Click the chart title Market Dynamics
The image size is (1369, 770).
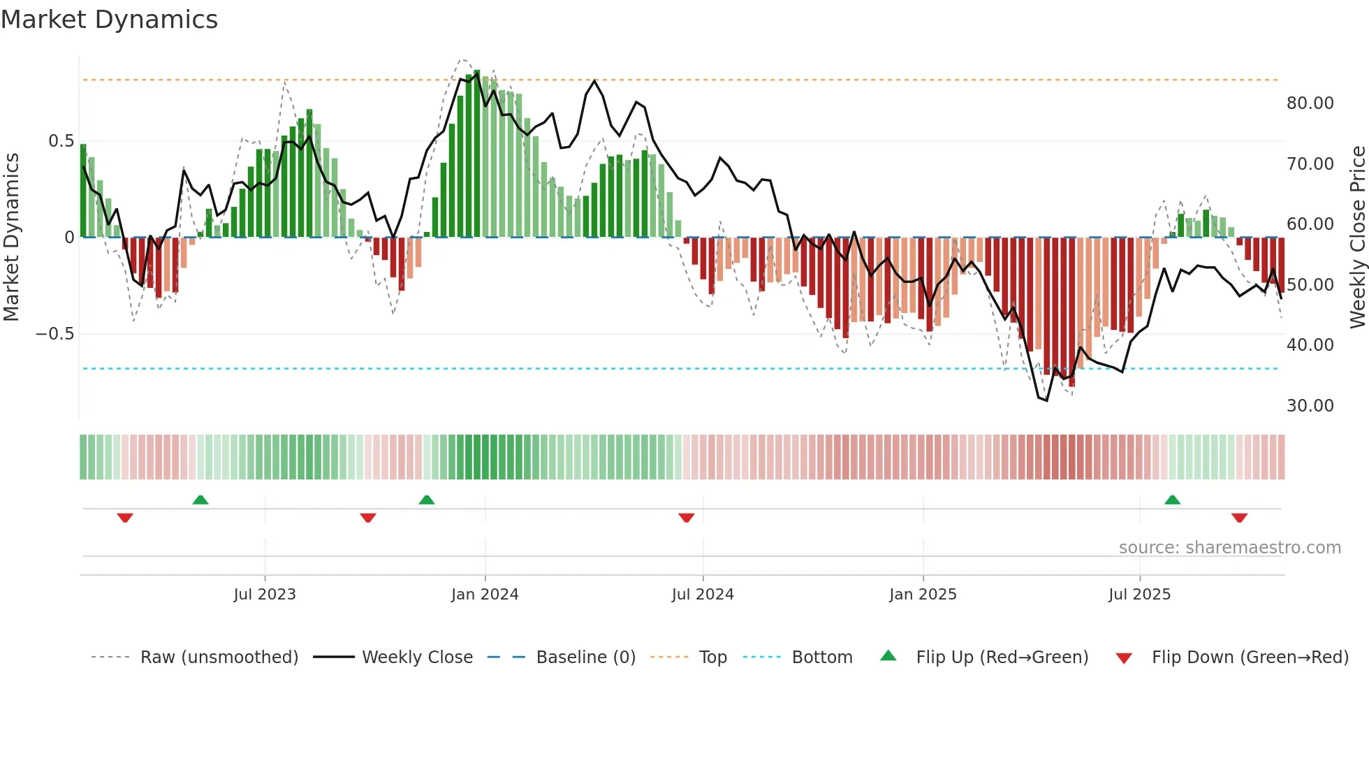[109, 20]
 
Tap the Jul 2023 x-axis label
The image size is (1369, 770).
[265, 595]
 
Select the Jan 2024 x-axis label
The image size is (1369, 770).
[485, 595]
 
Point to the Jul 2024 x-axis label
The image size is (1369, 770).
[703, 595]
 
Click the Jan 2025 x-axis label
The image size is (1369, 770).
[923, 595]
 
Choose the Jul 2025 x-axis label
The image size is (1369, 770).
[1139, 595]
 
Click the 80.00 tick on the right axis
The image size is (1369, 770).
[1310, 103]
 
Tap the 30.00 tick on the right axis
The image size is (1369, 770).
[1310, 406]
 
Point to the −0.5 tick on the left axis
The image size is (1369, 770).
[54, 334]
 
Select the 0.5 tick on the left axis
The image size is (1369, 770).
[61, 141]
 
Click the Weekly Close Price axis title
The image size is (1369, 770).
[1357, 237]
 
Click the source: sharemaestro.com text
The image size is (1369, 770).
[1229, 548]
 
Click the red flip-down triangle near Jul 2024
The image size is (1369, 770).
[686, 518]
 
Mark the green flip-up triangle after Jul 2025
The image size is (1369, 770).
[1172, 500]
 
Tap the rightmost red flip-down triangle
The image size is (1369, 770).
[1239, 518]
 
